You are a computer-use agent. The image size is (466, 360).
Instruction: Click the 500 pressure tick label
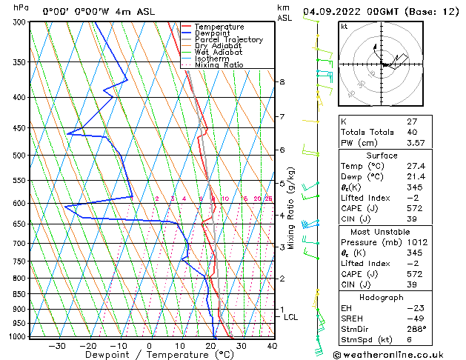tap(20, 156)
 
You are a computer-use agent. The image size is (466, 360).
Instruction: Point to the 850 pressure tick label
tap(20, 294)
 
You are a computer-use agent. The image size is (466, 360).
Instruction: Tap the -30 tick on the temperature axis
tap(57, 346)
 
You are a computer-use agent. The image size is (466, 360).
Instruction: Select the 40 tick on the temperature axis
tap(272, 346)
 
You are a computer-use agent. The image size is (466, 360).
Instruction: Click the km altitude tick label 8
tap(282, 81)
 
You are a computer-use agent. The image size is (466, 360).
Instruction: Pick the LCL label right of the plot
tap(291, 317)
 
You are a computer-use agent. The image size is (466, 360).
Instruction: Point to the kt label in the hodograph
tap(344, 26)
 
